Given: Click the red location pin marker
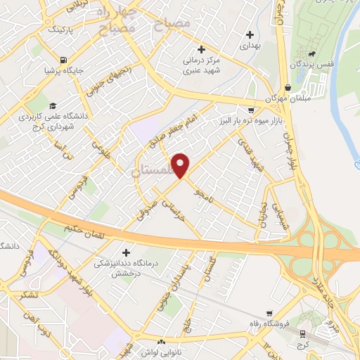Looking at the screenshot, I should (x=181, y=165).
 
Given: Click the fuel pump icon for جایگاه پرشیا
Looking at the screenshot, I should (x=64, y=60).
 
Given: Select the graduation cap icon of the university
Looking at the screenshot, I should (x=53, y=105).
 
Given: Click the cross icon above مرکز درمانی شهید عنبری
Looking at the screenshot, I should (x=201, y=49).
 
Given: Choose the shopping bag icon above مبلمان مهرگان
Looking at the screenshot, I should (x=288, y=88).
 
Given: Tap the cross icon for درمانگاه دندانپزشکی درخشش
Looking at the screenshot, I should (x=127, y=252).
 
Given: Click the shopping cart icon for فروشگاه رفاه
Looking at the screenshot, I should (x=269, y=314).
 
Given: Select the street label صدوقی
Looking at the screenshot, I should (x=150, y=211).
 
